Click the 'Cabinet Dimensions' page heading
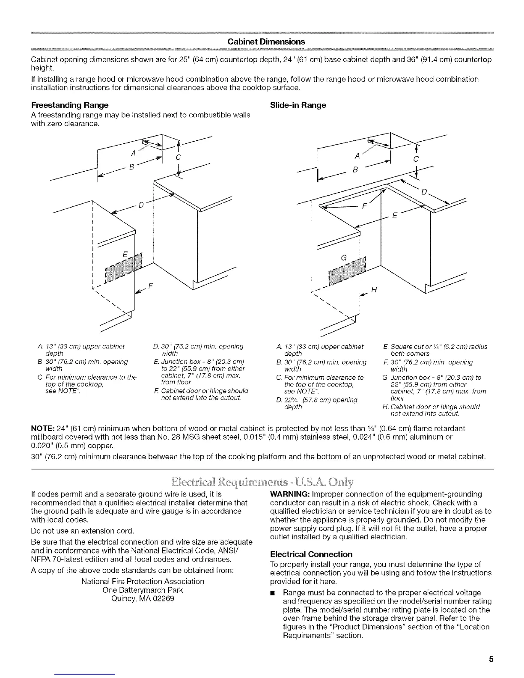pos(266,42)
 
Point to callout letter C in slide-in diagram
pos(415,159)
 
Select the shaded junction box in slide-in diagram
pos(347,271)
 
